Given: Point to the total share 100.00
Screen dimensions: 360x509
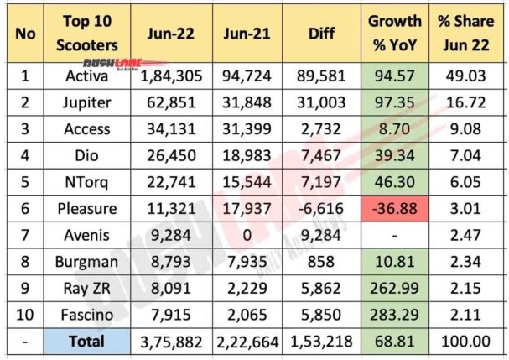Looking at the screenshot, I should pyautogui.click(x=470, y=341).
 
